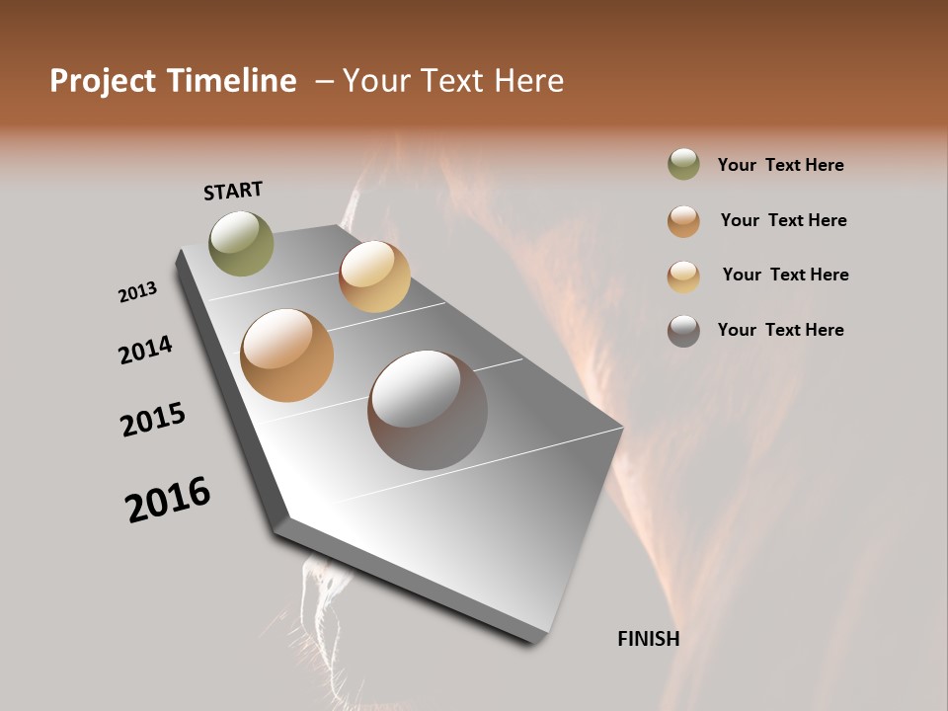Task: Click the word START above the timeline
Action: (x=233, y=191)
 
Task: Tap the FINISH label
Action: (x=648, y=639)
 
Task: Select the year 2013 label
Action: (x=137, y=292)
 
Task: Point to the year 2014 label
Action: (x=145, y=350)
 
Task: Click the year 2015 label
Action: (x=153, y=420)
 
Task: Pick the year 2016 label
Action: (x=168, y=499)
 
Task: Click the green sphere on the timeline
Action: (x=242, y=243)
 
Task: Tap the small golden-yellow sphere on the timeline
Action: (x=374, y=276)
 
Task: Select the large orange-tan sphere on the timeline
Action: (x=287, y=355)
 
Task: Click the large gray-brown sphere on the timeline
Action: (x=428, y=410)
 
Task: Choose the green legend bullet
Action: (x=683, y=165)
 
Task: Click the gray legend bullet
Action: (x=683, y=330)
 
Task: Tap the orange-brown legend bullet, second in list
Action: (x=683, y=220)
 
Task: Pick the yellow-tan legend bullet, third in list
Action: (x=683, y=276)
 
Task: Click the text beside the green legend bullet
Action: (x=780, y=165)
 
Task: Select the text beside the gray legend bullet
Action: (x=780, y=330)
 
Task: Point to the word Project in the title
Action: (x=105, y=81)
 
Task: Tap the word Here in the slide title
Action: (x=528, y=81)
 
